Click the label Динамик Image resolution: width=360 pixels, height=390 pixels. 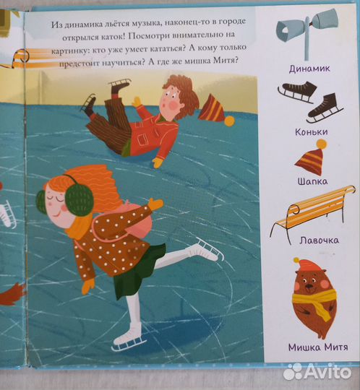pyautogui.click(x=309, y=68)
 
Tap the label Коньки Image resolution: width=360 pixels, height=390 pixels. pyautogui.click(x=310, y=131)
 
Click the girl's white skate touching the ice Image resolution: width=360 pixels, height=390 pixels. pyautogui.click(x=131, y=333)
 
